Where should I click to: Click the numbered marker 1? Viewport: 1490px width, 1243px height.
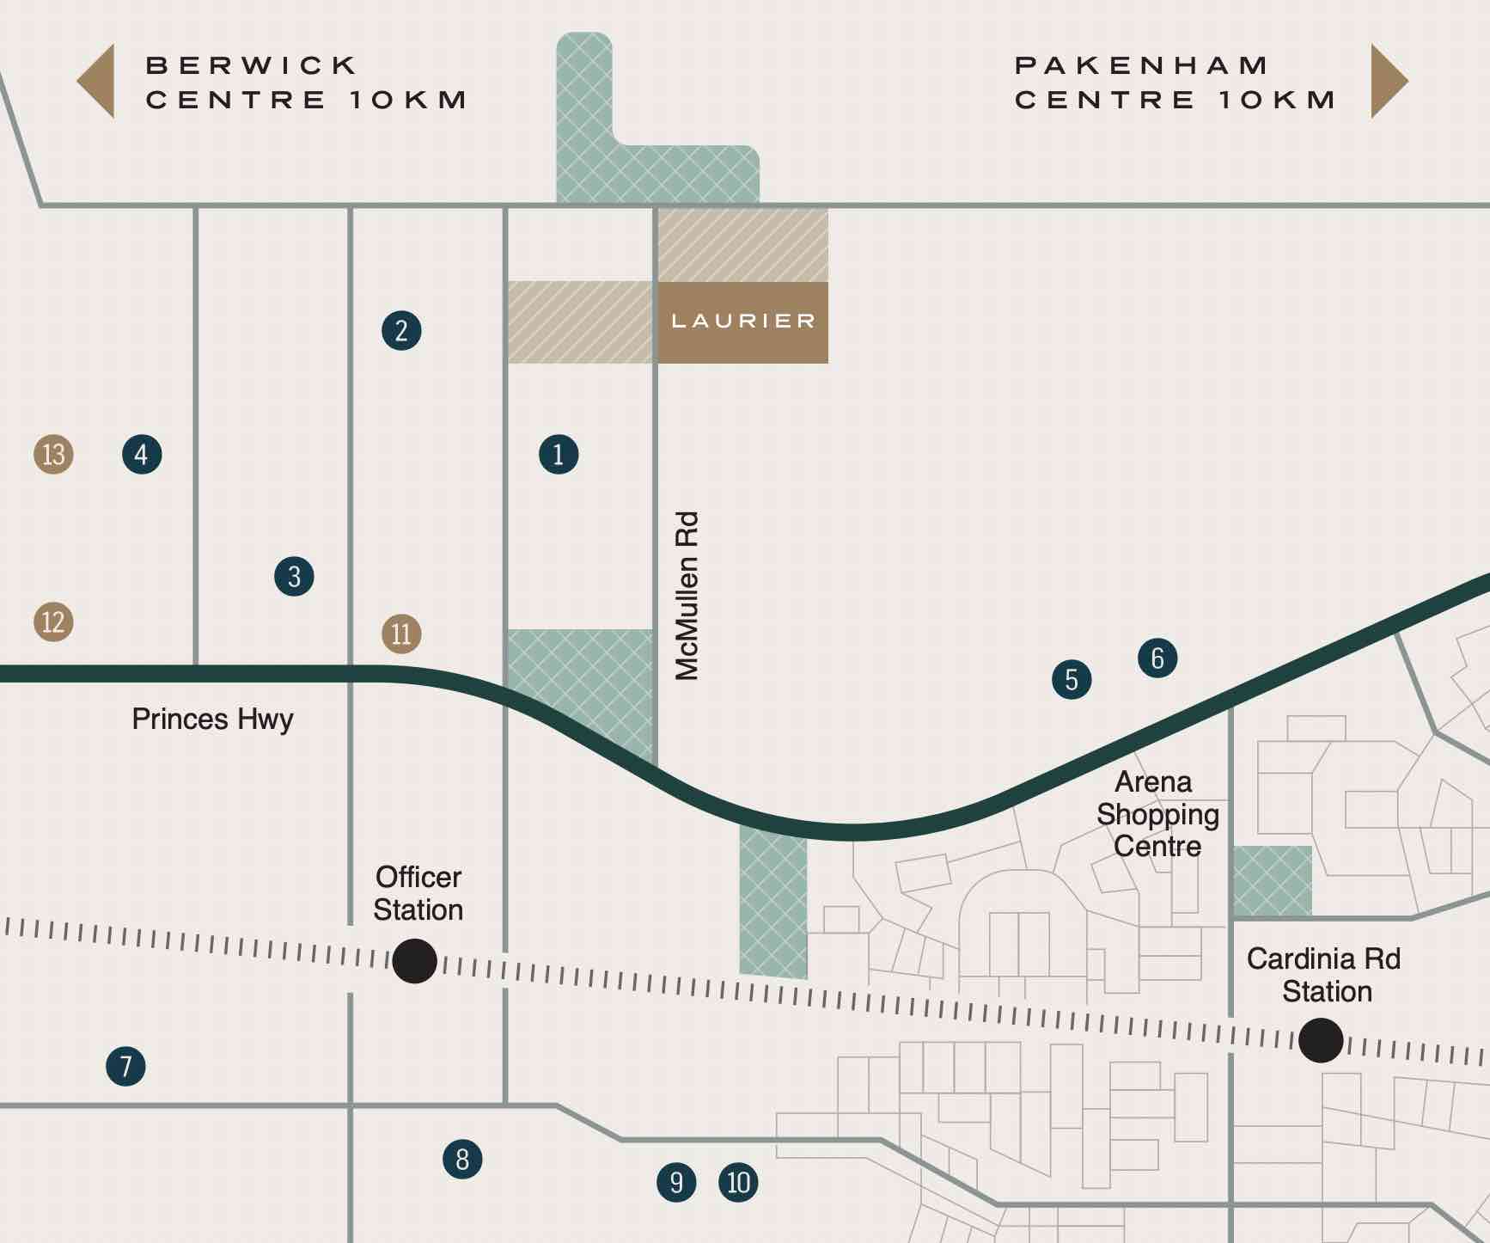559,454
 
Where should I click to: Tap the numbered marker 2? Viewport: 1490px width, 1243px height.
401,330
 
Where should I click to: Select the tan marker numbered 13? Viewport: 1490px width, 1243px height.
53,454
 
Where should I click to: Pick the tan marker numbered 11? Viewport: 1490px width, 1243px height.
401,634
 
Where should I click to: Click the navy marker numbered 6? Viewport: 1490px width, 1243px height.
1157,658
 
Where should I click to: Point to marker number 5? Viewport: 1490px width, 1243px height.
1072,680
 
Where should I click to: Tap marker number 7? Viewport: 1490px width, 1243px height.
125,1067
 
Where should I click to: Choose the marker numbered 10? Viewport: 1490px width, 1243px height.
738,1183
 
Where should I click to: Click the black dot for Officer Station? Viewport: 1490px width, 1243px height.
414,961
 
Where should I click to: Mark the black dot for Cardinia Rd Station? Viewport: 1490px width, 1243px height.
1321,1040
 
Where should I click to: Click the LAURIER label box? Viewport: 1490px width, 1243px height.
742,321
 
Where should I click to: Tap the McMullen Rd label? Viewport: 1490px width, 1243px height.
687,596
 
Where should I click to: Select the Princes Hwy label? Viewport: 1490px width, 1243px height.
212,719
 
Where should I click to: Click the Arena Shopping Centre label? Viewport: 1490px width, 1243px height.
1157,814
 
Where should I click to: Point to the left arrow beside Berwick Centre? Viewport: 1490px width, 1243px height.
98,82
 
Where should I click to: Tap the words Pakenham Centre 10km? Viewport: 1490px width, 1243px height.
1175,83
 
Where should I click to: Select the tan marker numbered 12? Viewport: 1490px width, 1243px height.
53,621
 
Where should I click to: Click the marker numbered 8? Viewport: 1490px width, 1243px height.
462,1160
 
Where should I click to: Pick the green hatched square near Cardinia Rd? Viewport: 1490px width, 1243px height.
1273,881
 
